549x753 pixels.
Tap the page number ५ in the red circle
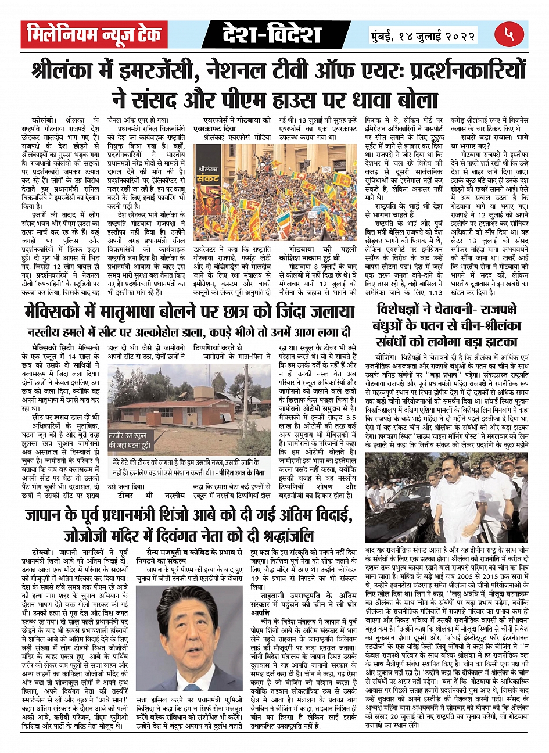pos(509,35)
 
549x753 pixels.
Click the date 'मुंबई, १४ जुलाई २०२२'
pos(424,35)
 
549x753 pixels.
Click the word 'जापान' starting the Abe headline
pos(48,515)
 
